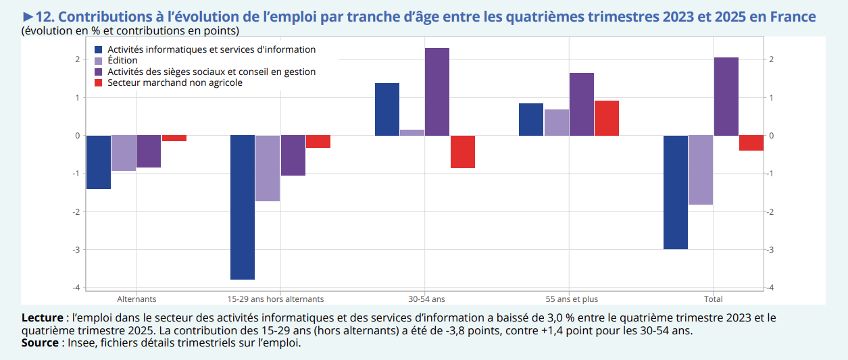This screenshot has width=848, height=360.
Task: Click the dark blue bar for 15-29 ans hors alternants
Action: point(243,207)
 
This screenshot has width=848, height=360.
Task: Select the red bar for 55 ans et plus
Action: point(607,118)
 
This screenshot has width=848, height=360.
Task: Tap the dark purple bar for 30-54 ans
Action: point(437,92)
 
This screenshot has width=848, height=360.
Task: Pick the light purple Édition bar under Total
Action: point(701,170)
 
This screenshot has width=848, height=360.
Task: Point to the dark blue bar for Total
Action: point(676,192)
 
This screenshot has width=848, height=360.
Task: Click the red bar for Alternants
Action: point(174,138)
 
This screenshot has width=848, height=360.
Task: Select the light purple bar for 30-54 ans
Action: point(412,132)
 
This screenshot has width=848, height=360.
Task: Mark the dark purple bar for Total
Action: point(726,97)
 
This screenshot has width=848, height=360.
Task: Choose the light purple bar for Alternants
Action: point(124,153)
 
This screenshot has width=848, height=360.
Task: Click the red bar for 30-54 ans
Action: point(463,151)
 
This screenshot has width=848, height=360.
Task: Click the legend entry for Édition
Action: point(122,61)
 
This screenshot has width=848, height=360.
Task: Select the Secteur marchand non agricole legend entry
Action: point(174,83)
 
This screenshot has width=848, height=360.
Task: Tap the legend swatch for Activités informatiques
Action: point(99,50)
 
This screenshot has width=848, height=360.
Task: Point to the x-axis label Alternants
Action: point(136,299)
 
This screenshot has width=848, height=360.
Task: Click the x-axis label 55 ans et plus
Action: point(572,299)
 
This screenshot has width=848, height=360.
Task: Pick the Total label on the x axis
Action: point(713,299)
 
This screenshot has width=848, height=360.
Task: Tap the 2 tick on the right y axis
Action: point(771,60)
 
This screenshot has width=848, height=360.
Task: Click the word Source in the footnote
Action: point(40,342)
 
